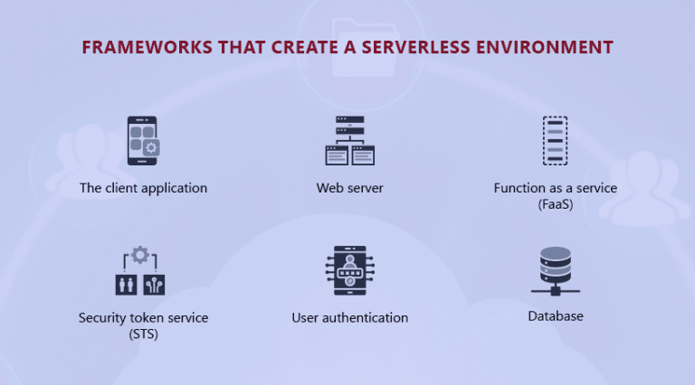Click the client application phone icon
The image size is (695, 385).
pos(143,140)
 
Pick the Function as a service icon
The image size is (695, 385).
pos(555,141)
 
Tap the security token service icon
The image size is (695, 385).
pos(140,271)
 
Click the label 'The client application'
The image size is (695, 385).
pos(143,189)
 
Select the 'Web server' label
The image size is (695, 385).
pos(349,189)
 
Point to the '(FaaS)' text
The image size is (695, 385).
pos(555,205)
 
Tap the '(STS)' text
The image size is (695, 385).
pos(143,333)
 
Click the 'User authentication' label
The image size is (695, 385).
pos(349,318)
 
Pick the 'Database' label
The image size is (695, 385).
pos(555,316)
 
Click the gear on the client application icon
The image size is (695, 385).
pos(152,148)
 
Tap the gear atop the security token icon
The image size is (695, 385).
pos(140,255)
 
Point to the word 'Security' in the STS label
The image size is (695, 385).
pos(101,318)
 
